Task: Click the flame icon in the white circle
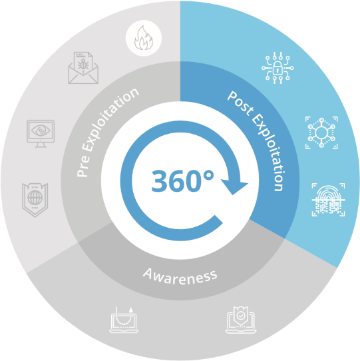(144, 38)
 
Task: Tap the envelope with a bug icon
(83, 68)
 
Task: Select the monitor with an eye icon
(41, 133)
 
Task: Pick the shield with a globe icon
(35, 200)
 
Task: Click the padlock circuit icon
(277, 68)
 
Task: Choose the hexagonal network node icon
(321, 133)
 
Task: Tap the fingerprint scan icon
(328, 200)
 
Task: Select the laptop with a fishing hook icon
(124, 320)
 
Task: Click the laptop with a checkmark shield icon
(241, 320)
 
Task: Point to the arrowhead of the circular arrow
(234, 186)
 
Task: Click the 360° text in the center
(182, 180)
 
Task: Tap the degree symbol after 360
(209, 176)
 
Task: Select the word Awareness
(180, 276)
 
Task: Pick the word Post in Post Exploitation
(241, 103)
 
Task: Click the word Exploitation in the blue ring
(269, 152)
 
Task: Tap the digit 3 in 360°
(160, 181)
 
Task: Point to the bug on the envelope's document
(83, 64)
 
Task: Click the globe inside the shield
(35, 198)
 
